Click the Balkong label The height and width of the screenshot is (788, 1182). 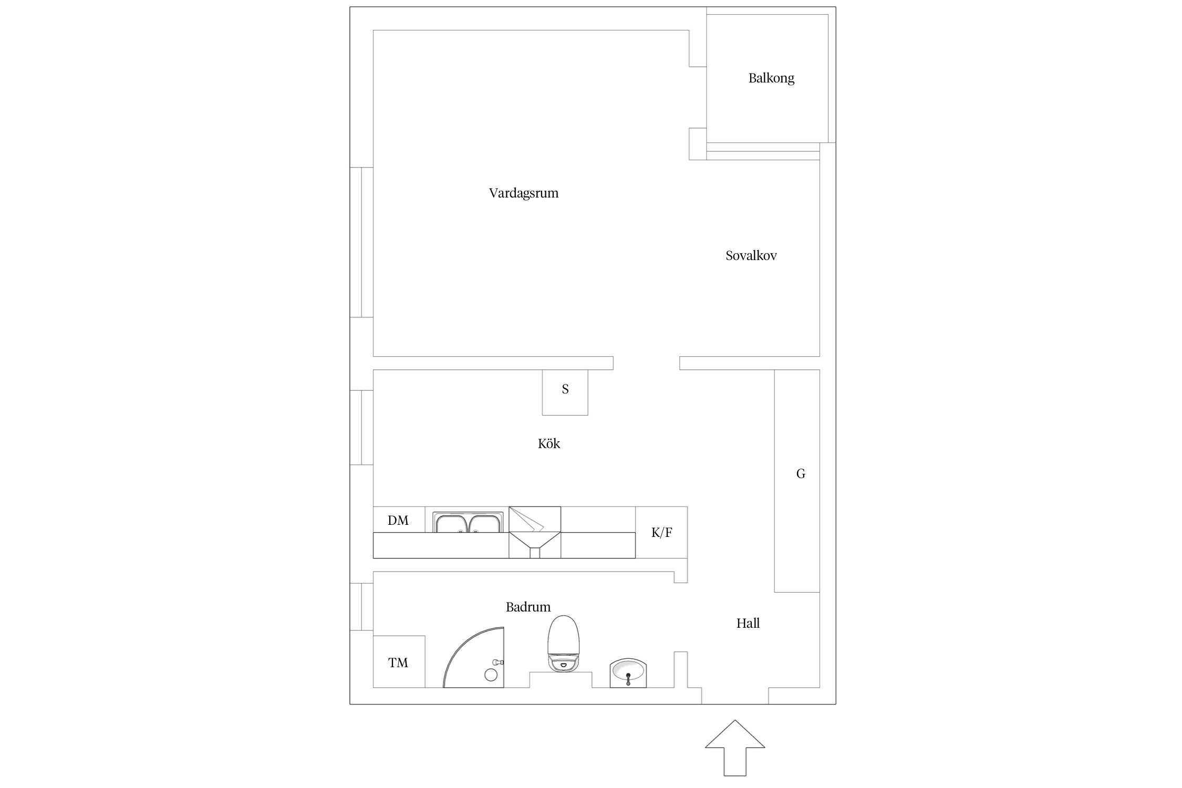[771, 78]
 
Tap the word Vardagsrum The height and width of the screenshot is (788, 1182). [524, 193]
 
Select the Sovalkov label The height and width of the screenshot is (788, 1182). [751, 256]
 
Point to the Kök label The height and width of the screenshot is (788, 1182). [549, 444]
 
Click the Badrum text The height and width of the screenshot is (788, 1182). [528, 607]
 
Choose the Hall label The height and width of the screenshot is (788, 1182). [748, 624]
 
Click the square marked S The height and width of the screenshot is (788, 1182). [565, 392]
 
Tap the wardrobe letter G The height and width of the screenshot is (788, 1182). [801, 474]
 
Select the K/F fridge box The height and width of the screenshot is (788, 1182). [661, 532]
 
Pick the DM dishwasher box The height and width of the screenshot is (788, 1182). [399, 520]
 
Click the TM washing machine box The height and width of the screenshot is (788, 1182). [399, 662]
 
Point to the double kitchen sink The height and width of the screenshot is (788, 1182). [468, 522]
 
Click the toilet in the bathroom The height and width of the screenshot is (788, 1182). [564, 643]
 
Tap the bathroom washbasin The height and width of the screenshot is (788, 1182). [628, 673]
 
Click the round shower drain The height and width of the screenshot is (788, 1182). [491, 675]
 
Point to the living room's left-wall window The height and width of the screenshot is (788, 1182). [362, 242]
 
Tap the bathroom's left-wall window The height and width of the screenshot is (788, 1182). [362, 607]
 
